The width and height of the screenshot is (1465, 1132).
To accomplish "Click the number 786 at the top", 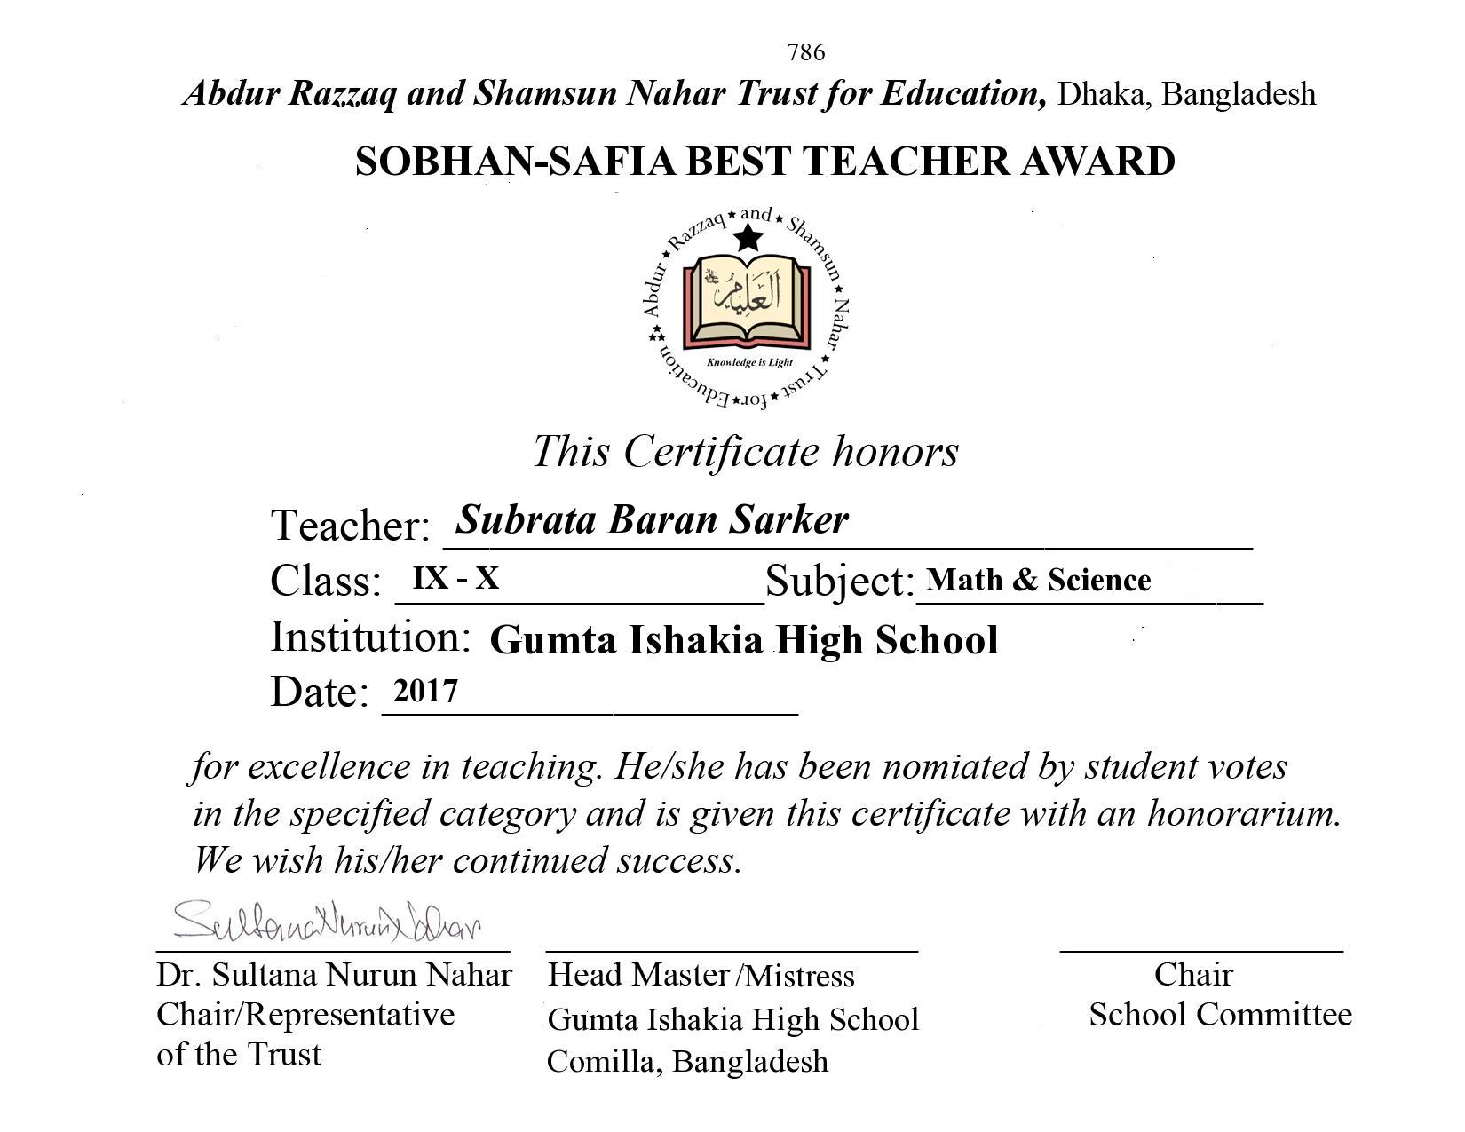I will pos(805,53).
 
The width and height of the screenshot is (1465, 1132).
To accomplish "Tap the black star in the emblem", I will pos(749,238).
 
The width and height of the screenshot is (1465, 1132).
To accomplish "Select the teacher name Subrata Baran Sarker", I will pos(652,519).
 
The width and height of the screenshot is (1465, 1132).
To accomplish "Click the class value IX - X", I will pos(455,579).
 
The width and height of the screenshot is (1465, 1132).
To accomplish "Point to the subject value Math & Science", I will pos(1038,580).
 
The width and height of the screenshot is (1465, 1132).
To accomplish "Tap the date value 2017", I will pos(425,691).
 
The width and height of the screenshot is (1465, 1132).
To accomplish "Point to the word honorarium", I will pos(1243,813).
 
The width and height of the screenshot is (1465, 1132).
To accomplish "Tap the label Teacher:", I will pos(350,526).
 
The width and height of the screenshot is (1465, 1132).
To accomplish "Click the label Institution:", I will pos(369,637).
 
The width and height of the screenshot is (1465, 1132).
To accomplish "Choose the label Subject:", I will pos(839,582).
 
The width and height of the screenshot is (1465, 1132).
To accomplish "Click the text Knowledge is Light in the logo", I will pos(749,362).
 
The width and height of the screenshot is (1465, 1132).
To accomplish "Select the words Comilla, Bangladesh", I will pos(687,1061).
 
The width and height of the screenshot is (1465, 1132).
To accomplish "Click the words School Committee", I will pos(1220,1014).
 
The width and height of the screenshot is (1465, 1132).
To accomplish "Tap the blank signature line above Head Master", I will pos(732,950).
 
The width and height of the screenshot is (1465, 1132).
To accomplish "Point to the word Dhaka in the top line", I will pos(1100,94).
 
